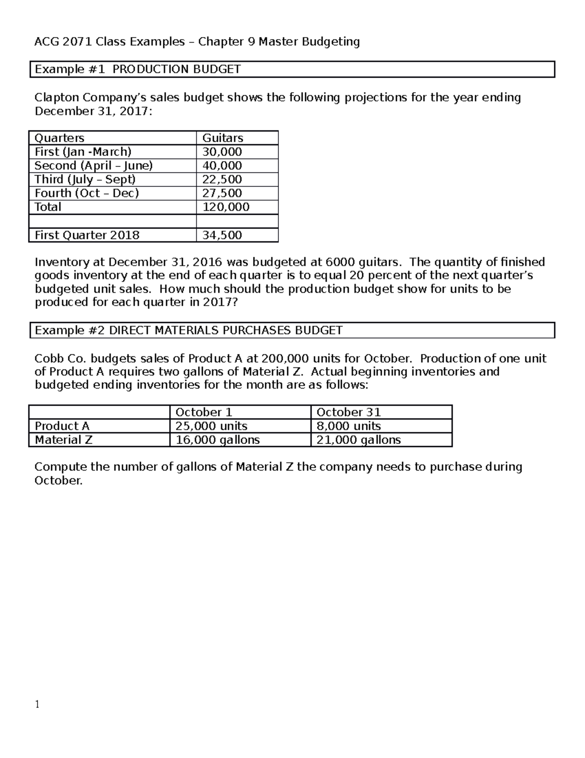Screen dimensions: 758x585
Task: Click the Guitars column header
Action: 223,138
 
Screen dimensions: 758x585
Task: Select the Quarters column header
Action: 59,138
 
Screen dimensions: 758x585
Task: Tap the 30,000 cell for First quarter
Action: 222,152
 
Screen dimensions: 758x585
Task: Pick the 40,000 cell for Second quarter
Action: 222,165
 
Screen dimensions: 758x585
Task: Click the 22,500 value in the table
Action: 222,179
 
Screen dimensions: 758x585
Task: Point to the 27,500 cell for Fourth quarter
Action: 222,193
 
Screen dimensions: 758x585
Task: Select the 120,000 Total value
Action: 226,207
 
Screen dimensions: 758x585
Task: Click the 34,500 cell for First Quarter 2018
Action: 222,235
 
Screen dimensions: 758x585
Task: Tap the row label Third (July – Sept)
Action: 85,179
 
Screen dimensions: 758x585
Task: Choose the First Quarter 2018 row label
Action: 87,235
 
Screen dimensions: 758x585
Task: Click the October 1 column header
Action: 204,412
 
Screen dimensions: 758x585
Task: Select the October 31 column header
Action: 349,412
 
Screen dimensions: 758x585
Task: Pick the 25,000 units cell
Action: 212,426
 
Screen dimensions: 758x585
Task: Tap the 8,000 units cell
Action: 349,426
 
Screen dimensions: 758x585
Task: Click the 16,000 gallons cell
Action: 217,440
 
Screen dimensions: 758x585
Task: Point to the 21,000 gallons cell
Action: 359,440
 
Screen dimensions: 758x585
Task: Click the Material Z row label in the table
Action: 63,440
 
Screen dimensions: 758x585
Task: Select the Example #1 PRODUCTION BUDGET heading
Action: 138,69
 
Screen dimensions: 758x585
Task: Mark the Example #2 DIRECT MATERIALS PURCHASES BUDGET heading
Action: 189,330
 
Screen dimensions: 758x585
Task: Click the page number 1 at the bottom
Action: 37,704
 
